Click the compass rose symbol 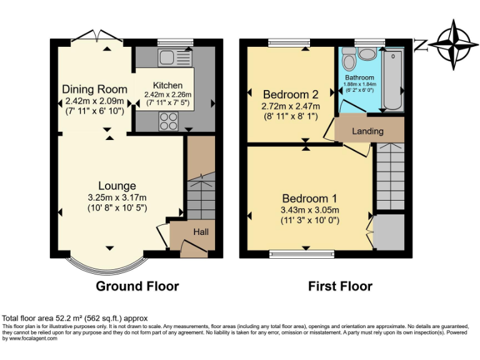coord(452,44)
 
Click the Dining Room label coord(94,89)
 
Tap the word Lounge coord(117,186)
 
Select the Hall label coord(201,232)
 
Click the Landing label coord(368,131)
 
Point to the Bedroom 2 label coord(291,94)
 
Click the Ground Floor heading coord(137,286)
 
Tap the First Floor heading coord(340,286)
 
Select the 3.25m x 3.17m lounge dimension coord(117,198)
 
